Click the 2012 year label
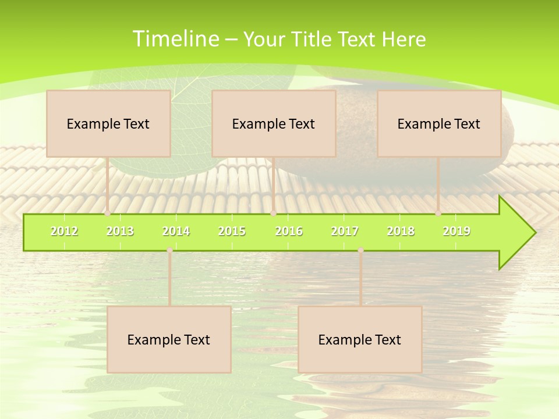(64, 232)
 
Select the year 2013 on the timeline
(120, 232)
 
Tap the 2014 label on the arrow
(176, 232)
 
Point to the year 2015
(232, 232)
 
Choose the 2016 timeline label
(289, 232)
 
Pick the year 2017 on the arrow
(345, 232)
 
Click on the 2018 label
(401, 232)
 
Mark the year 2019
(457, 232)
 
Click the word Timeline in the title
(175, 39)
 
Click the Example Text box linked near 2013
(108, 124)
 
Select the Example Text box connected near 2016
(274, 124)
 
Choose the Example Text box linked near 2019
(439, 124)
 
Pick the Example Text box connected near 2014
(169, 340)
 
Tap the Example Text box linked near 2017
(360, 340)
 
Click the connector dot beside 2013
(108, 214)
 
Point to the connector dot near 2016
(274, 214)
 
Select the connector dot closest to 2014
(169, 250)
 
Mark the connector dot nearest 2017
(360, 250)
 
